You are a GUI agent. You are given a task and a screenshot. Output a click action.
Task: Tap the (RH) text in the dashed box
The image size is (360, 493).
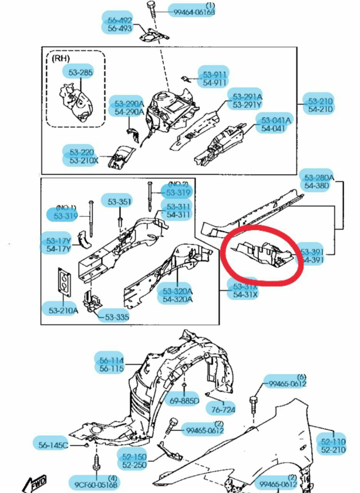61,58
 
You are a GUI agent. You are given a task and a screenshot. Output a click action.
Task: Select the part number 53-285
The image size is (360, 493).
78,72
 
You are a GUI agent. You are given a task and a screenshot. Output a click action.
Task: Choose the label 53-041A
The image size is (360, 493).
276,120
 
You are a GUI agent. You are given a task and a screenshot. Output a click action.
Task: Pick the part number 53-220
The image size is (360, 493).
82,152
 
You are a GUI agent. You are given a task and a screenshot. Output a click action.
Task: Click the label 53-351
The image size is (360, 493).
119,201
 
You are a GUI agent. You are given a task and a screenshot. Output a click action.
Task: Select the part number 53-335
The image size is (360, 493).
117,317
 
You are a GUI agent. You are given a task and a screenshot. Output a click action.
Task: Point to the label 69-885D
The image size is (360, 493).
184,401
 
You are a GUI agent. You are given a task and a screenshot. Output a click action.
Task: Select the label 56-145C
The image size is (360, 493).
53,445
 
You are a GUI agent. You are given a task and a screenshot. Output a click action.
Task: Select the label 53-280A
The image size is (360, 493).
318,178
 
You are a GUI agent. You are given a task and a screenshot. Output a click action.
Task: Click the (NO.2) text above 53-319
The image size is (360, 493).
178,184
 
